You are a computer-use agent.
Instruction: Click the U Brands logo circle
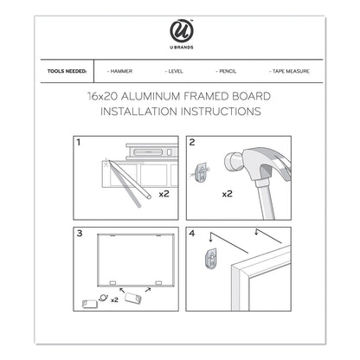(x=180, y=35)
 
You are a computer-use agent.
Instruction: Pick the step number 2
(x=192, y=140)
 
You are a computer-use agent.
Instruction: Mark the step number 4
(x=192, y=232)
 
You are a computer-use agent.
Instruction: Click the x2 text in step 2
(x=227, y=194)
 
